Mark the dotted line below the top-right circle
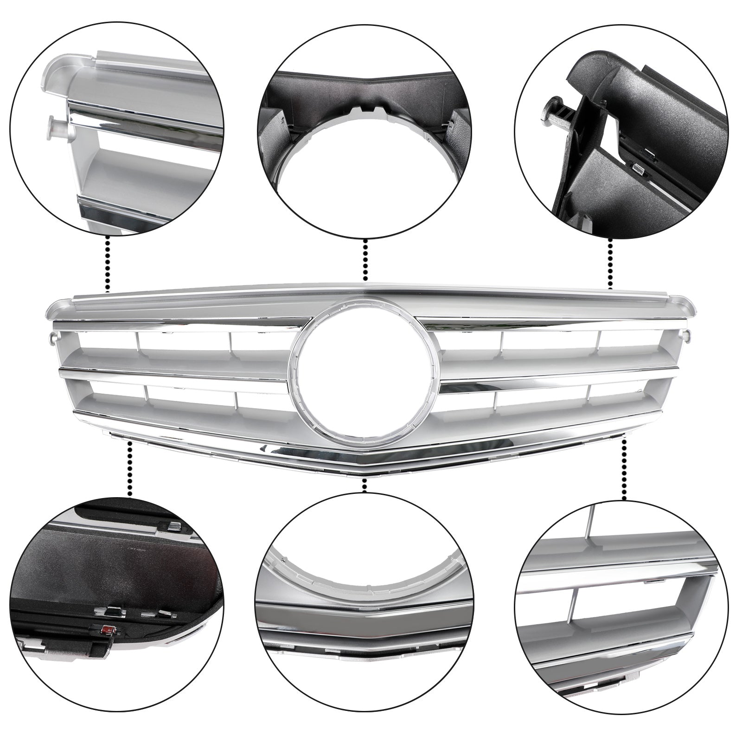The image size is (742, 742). click(x=610, y=264)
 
